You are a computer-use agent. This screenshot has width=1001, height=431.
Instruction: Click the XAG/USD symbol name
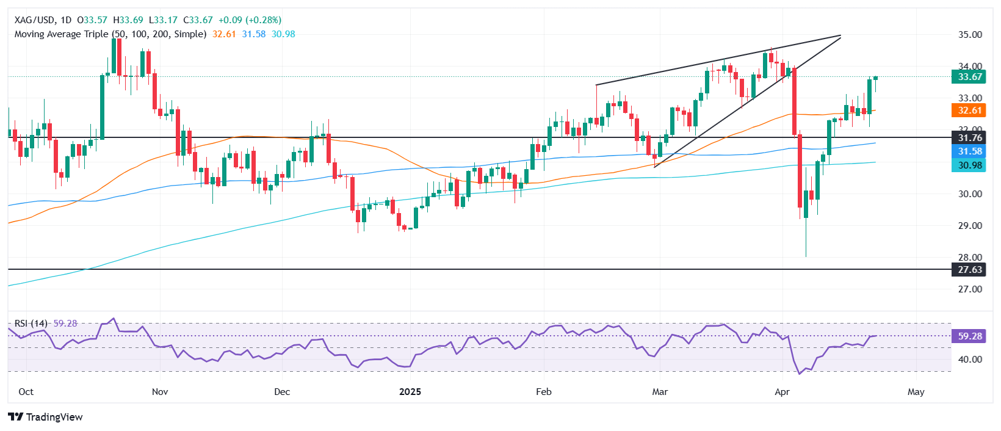click(34, 20)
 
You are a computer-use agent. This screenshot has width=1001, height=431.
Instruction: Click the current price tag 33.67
click(969, 77)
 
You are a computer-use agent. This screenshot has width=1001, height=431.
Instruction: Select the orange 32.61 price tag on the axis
click(969, 110)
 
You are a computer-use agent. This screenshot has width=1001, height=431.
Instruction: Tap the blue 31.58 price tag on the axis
click(969, 151)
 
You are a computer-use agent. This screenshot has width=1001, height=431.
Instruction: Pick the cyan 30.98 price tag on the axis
click(969, 165)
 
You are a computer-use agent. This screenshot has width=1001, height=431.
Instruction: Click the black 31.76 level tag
click(969, 138)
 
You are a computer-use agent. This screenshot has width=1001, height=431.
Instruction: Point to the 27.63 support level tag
click(969, 270)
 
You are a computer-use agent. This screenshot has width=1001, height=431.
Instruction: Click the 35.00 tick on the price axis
click(969, 35)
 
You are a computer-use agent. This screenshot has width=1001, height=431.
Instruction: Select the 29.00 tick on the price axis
click(969, 226)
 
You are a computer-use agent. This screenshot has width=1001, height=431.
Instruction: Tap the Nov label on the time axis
click(159, 392)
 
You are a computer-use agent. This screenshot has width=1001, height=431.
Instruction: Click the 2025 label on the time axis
click(410, 392)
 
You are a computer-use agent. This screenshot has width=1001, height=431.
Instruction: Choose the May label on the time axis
click(916, 392)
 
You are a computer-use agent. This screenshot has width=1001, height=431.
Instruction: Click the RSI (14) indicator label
click(31, 324)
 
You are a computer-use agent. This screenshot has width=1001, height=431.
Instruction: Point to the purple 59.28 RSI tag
click(969, 336)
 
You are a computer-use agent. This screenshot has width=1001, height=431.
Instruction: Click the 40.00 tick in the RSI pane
click(969, 360)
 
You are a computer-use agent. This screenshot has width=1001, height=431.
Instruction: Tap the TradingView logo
click(45, 417)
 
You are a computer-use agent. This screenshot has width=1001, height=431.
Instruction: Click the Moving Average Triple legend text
click(110, 34)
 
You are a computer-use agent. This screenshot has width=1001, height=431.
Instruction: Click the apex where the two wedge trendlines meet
click(841, 36)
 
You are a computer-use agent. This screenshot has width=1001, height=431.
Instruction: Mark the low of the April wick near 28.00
click(806, 256)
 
